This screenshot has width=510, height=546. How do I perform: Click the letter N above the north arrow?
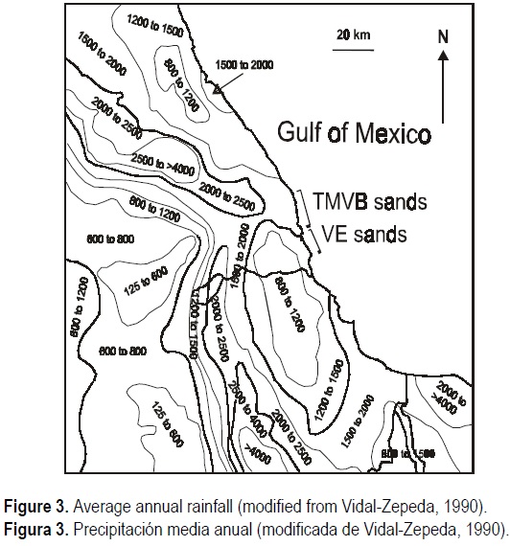[443, 38]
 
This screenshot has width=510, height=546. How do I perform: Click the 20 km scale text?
[348, 34]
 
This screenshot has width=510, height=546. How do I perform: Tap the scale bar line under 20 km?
[348, 45]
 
